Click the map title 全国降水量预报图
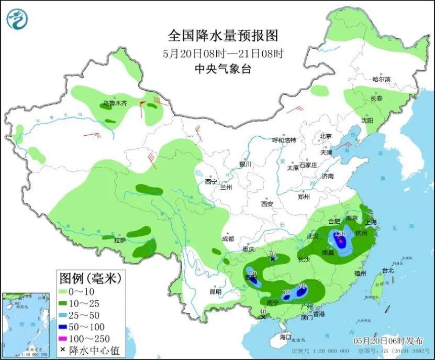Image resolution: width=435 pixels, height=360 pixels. pyautogui.click(x=222, y=36)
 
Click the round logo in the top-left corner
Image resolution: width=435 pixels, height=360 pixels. pyautogui.click(x=17, y=19)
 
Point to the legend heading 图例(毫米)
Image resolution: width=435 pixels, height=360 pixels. pyautogui.click(x=90, y=277)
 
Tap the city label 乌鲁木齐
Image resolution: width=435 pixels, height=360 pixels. pyautogui.click(x=115, y=103)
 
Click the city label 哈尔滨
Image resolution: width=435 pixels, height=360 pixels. pyautogui.click(x=381, y=79)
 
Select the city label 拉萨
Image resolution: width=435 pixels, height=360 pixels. pyautogui.click(x=120, y=241)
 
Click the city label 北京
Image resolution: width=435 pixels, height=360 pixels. pyautogui.click(x=326, y=136)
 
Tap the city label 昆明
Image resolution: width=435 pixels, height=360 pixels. pyautogui.click(x=215, y=291)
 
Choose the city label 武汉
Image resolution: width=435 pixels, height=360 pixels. pyautogui.click(x=313, y=236)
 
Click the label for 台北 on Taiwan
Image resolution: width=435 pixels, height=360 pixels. pyautogui.click(x=387, y=271)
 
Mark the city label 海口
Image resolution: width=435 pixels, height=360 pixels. pyautogui.click(x=285, y=336)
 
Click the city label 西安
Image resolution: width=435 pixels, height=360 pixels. pyautogui.click(x=267, y=203)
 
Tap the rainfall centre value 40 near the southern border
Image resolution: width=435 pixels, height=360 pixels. pyautogui.click(x=263, y=312)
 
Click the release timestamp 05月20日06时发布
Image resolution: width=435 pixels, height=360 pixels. pyautogui.click(x=384, y=341)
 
